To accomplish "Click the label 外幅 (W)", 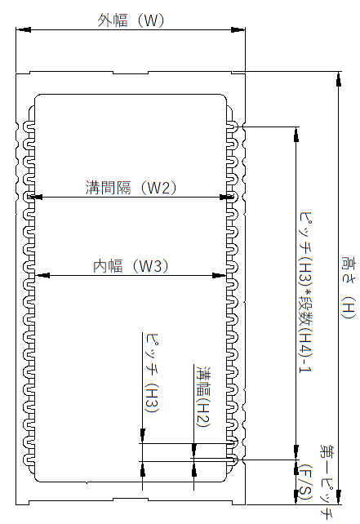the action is click(131, 20).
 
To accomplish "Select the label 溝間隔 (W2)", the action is click(131, 188).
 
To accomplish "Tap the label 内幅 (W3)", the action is click(131, 266).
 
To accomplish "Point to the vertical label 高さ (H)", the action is click(349, 288).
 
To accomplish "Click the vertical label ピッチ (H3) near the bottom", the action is click(151, 373).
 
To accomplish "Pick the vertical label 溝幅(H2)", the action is click(203, 397).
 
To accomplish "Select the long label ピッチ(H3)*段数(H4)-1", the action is click(304, 293).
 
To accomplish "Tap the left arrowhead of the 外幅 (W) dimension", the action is click(24, 29).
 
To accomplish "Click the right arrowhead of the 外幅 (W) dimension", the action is click(238, 29).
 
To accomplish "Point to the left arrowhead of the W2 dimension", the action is click(36, 198).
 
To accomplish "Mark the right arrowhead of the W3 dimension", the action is click(220, 275).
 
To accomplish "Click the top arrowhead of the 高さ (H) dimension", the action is click(339, 79).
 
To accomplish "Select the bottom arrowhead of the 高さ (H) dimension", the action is click(339, 497).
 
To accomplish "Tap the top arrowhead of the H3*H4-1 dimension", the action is click(296, 135).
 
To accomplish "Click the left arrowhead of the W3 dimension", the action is click(42, 275).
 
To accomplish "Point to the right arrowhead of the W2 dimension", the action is click(226, 198).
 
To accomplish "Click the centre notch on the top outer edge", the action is click(131, 73).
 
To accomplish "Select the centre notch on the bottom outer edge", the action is click(131, 501).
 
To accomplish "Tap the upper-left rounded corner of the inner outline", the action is click(37, 96).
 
